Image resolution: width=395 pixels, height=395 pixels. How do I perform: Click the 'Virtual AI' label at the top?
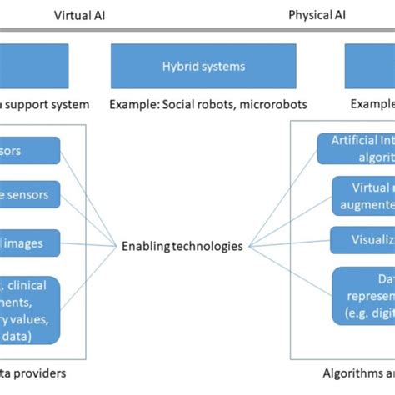tap(80, 15)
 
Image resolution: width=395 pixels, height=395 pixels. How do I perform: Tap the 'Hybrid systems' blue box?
tap(203, 64)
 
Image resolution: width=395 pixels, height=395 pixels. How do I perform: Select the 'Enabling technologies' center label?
tap(182, 246)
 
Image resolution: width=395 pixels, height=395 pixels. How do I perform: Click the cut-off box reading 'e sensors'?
tap(30, 195)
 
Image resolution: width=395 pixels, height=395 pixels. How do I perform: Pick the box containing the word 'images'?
tap(30, 243)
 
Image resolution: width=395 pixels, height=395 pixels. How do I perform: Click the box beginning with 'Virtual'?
tap(363, 196)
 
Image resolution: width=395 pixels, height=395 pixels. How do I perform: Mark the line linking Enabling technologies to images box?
tap(90, 244)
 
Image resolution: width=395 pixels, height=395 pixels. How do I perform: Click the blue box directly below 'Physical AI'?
tap(370, 64)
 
